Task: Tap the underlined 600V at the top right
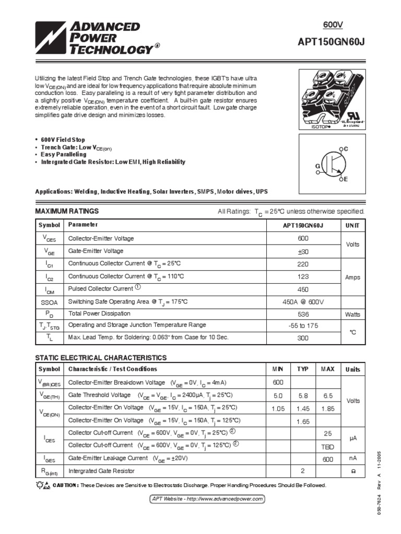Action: (334, 24)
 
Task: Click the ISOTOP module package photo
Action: (331, 99)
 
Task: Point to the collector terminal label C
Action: (345, 149)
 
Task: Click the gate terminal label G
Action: (316, 165)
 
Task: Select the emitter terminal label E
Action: (345, 179)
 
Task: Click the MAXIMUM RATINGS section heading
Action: (66, 211)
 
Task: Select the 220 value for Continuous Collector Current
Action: (302, 264)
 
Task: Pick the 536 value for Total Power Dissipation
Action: (302, 314)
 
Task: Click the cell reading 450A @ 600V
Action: (302, 302)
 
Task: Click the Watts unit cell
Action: (352, 314)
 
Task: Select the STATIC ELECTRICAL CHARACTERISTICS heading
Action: (100, 358)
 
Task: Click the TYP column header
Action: (303, 369)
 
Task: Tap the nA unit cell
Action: (352, 458)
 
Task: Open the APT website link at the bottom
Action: (207, 499)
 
